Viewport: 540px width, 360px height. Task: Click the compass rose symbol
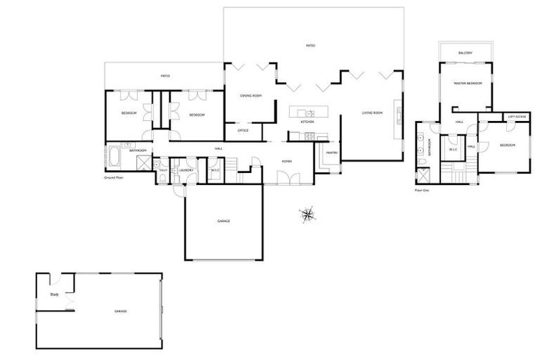pyautogui.click(x=307, y=214)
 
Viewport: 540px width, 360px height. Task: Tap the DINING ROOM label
pyautogui.click(x=251, y=96)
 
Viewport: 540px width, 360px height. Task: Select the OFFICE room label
pyautogui.click(x=243, y=130)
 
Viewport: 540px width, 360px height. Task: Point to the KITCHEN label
pyautogui.click(x=307, y=122)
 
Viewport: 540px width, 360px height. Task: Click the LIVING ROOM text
pyautogui.click(x=372, y=112)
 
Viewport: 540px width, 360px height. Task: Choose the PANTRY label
pyautogui.click(x=331, y=152)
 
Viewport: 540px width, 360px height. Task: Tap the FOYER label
pyautogui.click(x=287, y=161)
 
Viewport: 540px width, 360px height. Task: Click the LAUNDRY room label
pyautogui.click(x=186, y=170)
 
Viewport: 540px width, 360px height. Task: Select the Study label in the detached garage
pyautogui.click(x=53, y=295)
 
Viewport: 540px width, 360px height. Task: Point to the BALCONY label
pyautogui.click(x=465, y=53)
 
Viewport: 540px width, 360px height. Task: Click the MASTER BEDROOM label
pyautogui.click(x=468, y=83)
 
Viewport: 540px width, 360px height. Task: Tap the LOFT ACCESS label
pyautogui.click(x=517, y=117)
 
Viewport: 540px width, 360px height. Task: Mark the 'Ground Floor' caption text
pyautogui.click(x=113, y=178)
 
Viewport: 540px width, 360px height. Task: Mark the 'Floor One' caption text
pyautogui.click(x=423, y=190)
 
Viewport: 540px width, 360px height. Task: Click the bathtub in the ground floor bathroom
pyautogui.click(x=114, y=157)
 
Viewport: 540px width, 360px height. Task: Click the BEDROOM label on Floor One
pyautogui.click(x=508, y=145)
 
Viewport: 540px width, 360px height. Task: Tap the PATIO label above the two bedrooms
pyautogui.click(x=165, y=76)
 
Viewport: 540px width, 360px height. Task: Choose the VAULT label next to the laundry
pyautogui.click(x=163, y=170)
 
